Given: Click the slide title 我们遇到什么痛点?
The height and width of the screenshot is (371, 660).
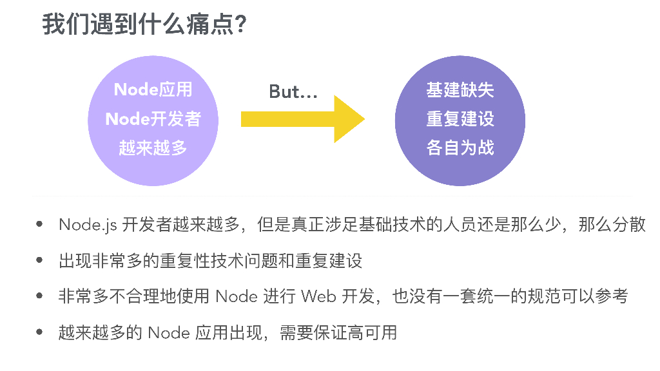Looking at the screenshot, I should [145, 26].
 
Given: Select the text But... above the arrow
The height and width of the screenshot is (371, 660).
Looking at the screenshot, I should [293, 92].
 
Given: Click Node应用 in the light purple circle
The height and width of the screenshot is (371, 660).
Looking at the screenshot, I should [153, 90].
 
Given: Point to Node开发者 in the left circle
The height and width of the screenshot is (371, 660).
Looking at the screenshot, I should [153, 119].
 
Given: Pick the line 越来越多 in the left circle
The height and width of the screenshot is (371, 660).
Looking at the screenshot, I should [153, 147].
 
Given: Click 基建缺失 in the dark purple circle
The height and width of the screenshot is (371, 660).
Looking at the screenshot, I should [460, 90].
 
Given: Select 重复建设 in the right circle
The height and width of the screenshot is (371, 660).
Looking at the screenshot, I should [460, 119].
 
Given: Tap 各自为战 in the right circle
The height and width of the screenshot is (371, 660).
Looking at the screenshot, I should [460, 147].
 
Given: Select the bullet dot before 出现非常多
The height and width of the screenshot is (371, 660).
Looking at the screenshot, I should [40, 260].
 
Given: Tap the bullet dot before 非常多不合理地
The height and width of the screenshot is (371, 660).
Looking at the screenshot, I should [40, 296].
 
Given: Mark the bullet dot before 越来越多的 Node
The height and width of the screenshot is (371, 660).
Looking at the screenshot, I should [40, 332].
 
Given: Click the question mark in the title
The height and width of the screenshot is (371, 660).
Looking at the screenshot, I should [241, 26].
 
